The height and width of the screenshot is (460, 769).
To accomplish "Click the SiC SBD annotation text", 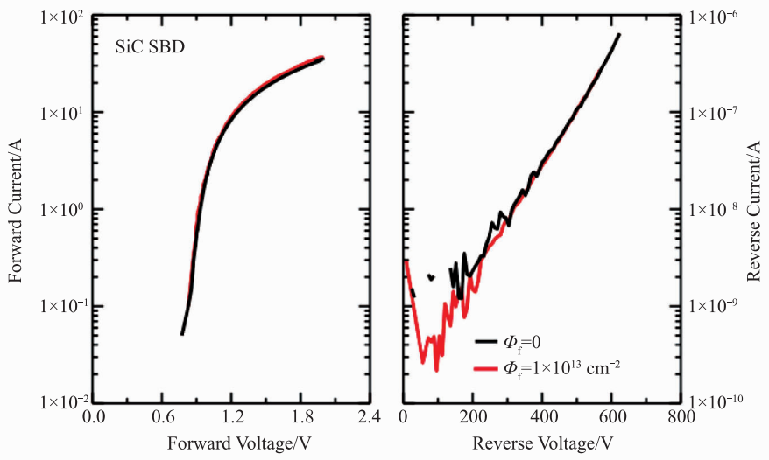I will [x=155, y=45].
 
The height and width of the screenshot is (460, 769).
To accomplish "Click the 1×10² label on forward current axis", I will [x=61, y=17].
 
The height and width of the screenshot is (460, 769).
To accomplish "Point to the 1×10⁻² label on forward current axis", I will [x=61, y=402].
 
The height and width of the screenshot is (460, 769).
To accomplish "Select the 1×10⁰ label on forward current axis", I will [x=61, y=210].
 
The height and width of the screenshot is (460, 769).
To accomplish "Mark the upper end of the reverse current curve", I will [x=618, y=35].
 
